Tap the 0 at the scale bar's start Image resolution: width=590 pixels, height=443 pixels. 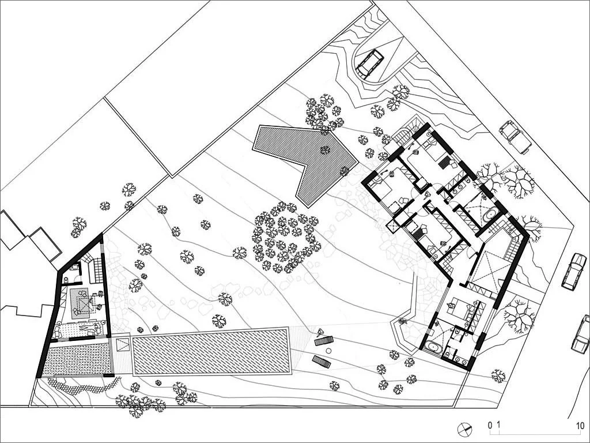pos(490,426)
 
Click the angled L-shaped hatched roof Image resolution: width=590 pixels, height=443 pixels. pos(305,158)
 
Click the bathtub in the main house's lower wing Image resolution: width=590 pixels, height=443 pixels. pos(433,347)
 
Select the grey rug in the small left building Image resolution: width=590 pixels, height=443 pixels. pos(80,303)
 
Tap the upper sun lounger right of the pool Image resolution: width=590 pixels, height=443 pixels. pos(324,341)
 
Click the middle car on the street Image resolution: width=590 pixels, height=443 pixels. pos(574,270)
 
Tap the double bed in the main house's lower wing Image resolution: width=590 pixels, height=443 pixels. pos(459,308)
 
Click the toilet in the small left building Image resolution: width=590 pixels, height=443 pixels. pos(67,280)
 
